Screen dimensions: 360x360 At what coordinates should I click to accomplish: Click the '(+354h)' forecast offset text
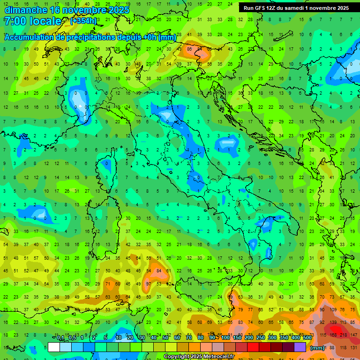click(83, 21)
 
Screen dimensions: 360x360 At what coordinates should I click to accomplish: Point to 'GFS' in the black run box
click(261, 8)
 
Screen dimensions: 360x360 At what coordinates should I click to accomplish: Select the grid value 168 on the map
click(333, 335)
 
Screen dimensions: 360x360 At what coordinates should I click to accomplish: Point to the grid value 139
click(333, 322)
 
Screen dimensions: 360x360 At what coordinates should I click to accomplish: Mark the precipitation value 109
click(333, 310)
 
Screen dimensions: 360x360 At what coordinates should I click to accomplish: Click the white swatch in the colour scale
click(54, 347)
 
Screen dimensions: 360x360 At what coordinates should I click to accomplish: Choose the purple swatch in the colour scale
click(300, 347)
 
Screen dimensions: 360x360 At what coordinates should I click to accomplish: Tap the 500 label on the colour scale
click(307, 338)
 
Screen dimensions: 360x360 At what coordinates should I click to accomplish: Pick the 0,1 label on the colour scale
click(60, 338)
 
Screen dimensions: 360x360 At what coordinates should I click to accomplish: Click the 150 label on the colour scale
click(237, 338)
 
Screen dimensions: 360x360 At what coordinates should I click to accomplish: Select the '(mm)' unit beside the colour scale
click(317, 348)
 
